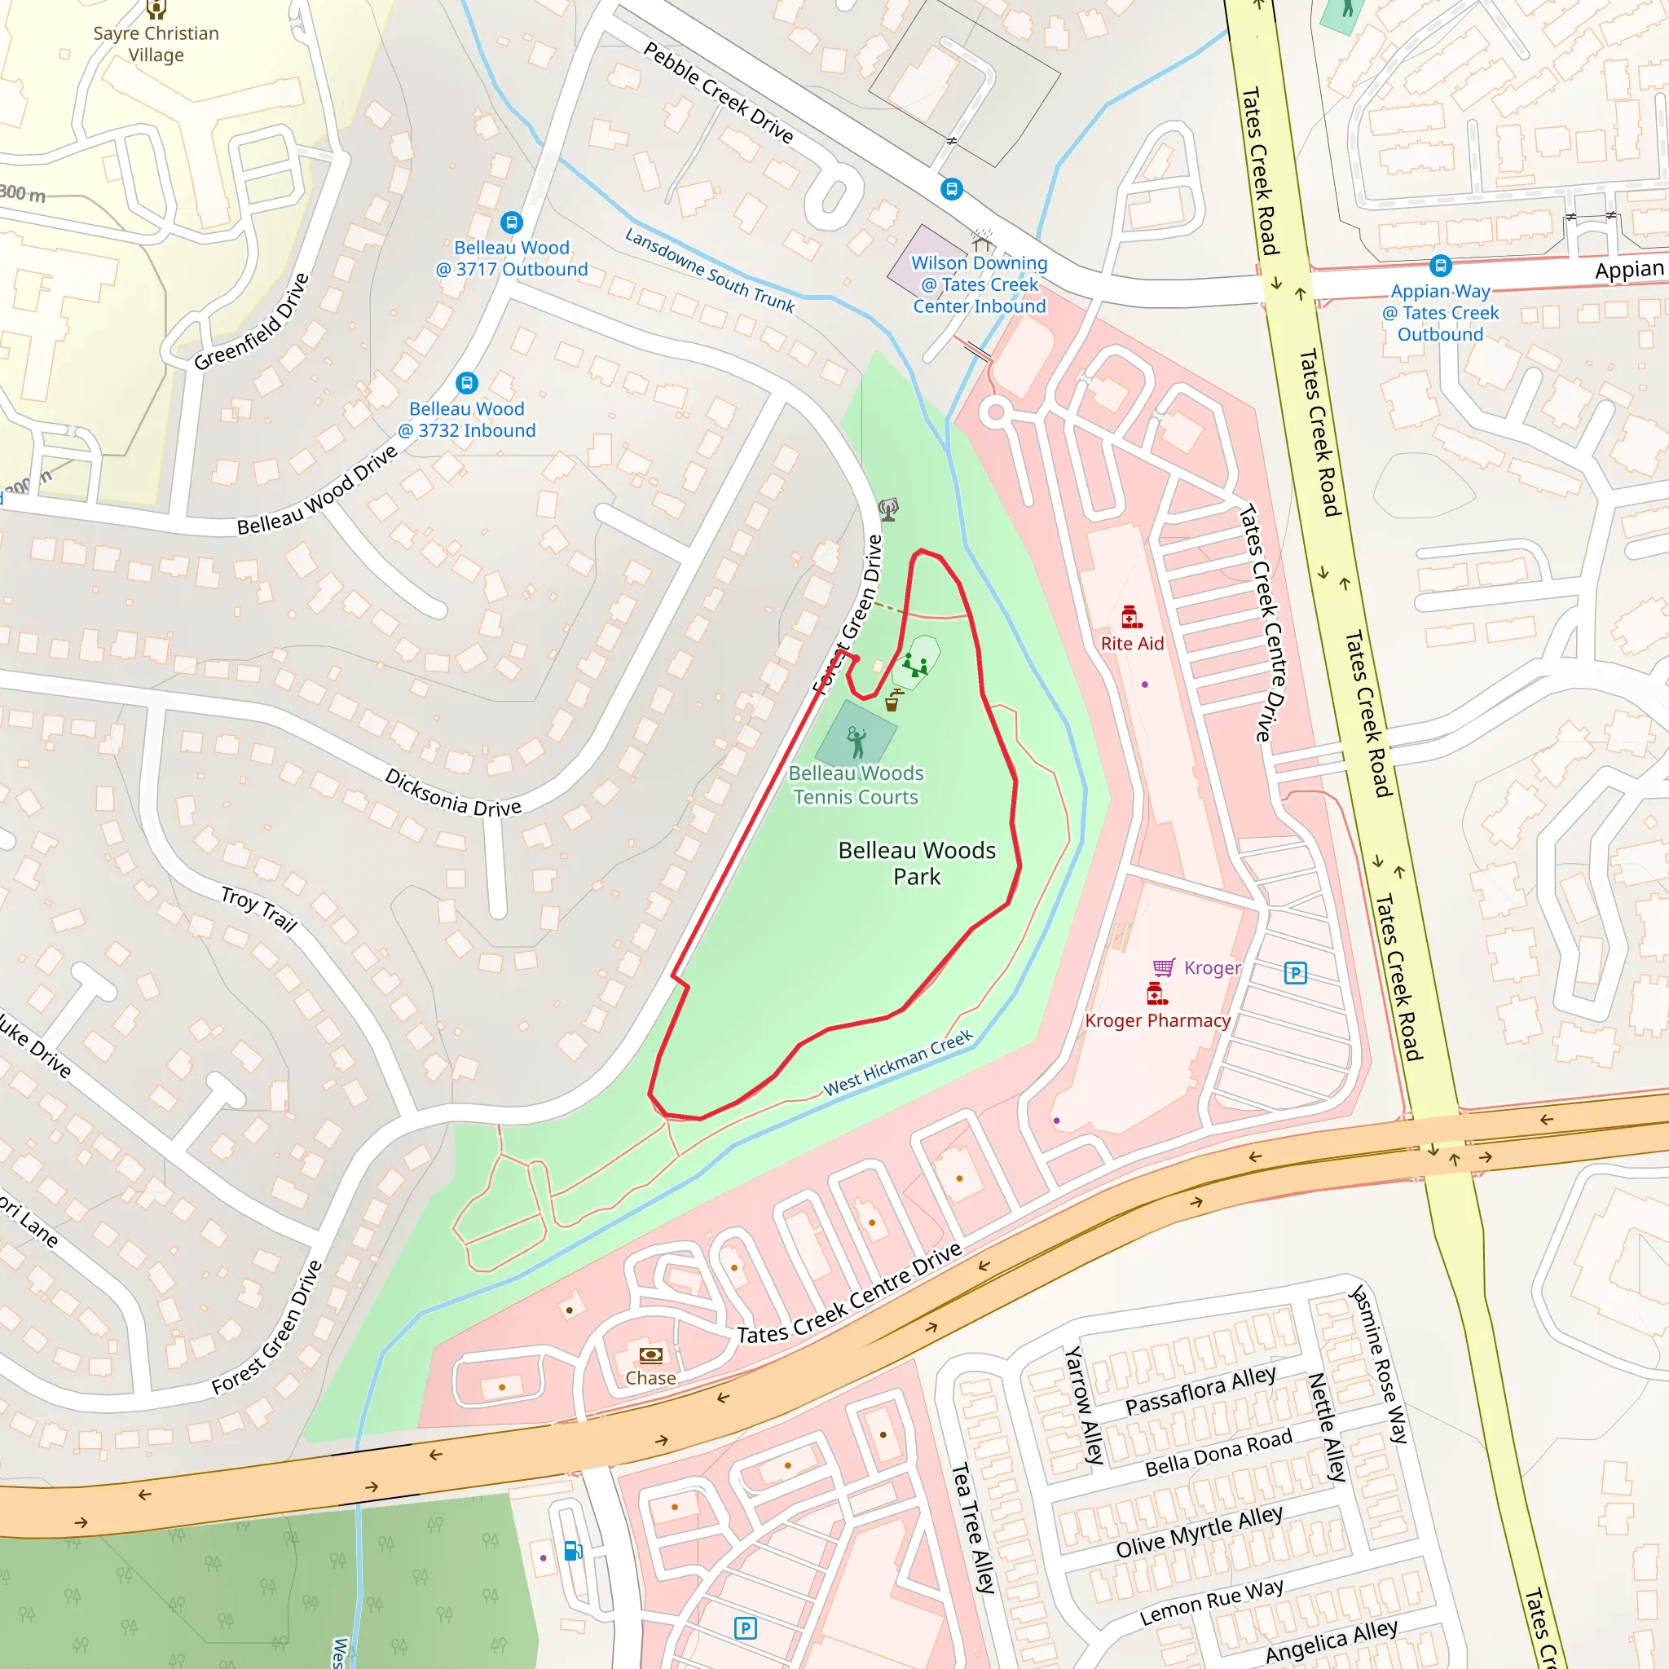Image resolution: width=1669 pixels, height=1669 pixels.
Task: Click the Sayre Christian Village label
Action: pos(156,44)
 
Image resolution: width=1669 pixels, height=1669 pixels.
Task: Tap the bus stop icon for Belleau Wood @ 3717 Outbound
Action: pos(512,222)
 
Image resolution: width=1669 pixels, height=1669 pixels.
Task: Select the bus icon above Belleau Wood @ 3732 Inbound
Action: pos(466,383)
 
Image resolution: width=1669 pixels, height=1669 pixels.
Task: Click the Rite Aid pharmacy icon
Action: pos(1131,617)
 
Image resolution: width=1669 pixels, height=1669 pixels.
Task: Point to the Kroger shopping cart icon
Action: pos(1164,967)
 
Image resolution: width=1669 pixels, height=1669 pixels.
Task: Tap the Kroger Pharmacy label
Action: pos(1156,1020)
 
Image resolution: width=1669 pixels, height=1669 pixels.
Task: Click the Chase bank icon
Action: pos(650,1354)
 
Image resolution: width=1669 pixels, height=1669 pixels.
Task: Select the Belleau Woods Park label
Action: pos(917,863)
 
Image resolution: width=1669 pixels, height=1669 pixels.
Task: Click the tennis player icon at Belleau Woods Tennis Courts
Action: pos(857,742)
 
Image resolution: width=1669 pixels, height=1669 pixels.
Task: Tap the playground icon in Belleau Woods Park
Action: pos(915,666)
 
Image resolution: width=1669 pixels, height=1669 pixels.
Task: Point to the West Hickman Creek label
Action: pos(897,1063)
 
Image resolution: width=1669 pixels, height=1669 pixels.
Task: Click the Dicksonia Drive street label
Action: pos(452,793)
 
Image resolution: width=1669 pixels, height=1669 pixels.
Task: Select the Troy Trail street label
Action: pos(258,909)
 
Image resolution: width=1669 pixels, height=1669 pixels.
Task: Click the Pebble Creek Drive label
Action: pos(718,93)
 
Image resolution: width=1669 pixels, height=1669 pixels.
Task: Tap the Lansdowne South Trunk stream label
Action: pos(709,271)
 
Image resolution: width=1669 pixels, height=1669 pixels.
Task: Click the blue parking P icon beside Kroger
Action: pos(1295,974)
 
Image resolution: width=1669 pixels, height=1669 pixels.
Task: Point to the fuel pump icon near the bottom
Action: pos(573,1552)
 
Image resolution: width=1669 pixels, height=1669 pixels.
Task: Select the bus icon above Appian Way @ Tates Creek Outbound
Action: pos(1440,265)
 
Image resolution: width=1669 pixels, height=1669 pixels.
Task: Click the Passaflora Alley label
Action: pos(1200,1391)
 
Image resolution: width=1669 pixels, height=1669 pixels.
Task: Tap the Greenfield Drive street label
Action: pos(251,322)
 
